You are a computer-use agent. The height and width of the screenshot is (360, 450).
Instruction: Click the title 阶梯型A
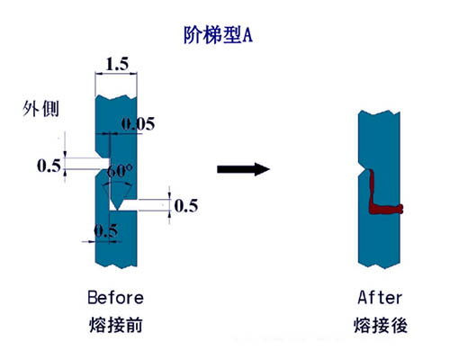[x=218, y=35]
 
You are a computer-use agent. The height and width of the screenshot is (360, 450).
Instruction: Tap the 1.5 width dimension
[x=117, y=64]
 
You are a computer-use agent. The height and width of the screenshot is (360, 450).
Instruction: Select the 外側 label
[x=40, y=109]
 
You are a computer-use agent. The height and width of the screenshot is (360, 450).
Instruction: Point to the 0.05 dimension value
[x=138, y=123]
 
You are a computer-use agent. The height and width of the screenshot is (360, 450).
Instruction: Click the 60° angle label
[x=120, y=171]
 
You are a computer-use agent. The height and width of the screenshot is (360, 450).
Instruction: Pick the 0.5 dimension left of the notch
[x=49, y=166]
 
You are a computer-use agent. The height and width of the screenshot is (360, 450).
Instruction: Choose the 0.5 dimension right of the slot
[x=186, y=206]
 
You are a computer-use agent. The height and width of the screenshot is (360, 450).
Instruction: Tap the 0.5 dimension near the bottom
[x=106, y=231]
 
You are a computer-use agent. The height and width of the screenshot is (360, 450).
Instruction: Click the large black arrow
[x=243, y=169]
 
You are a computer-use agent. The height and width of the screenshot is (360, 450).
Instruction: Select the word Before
[x=115, y=298]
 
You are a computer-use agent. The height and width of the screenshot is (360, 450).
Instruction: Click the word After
[x=380, y=298]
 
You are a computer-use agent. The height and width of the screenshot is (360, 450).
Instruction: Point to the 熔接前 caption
[x=116, y=325]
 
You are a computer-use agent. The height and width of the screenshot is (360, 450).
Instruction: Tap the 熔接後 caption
[x=381, y=325]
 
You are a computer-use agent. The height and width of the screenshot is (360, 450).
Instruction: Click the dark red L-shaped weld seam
[x=373, y=195]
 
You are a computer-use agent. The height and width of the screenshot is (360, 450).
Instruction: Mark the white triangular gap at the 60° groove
[x=113, y=205]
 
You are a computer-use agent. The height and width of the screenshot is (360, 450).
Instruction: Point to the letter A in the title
[x=247, y=36]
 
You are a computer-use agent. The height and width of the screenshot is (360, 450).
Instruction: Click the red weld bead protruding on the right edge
[x=400, y=209]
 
